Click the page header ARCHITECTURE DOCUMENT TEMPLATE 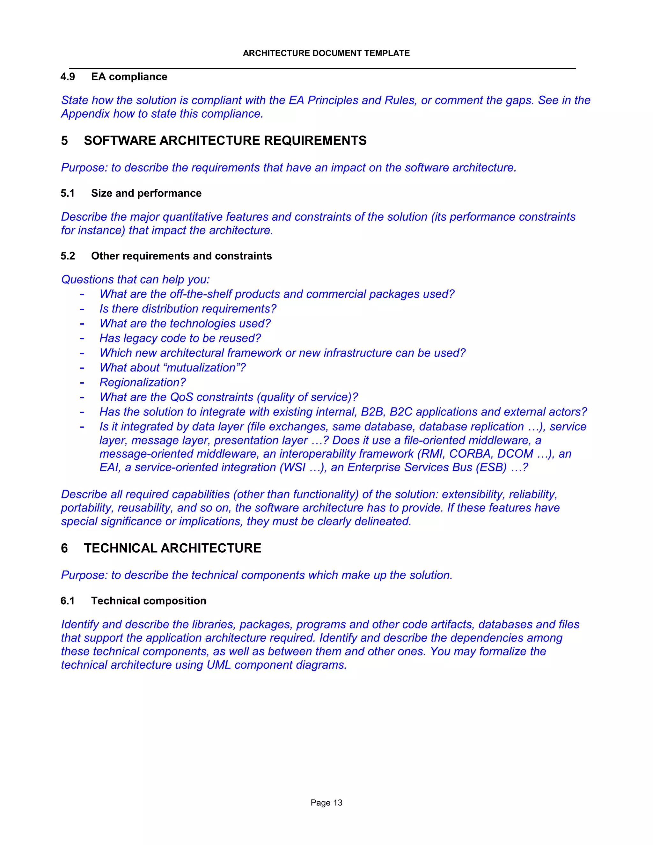coord(326,53)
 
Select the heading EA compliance coord(129,77)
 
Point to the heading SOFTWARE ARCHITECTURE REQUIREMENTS coord(225,140)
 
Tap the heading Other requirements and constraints coord(181,256)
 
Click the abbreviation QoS coord(181,397)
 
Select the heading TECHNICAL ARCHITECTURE coord(172,548)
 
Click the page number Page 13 coord(326,803)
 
